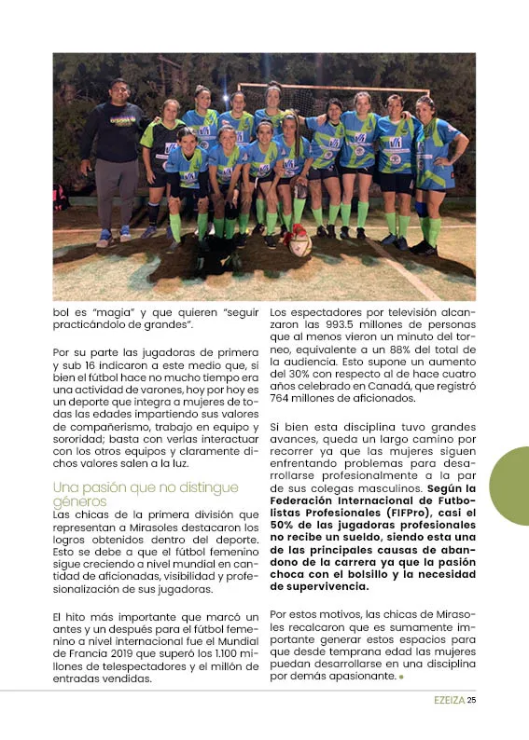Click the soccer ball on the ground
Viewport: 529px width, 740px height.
pos(299,243)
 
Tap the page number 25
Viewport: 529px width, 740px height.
pos(471,701)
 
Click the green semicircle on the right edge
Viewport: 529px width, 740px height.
pos(511,486)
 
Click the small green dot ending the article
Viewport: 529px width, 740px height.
pos(401,677)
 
